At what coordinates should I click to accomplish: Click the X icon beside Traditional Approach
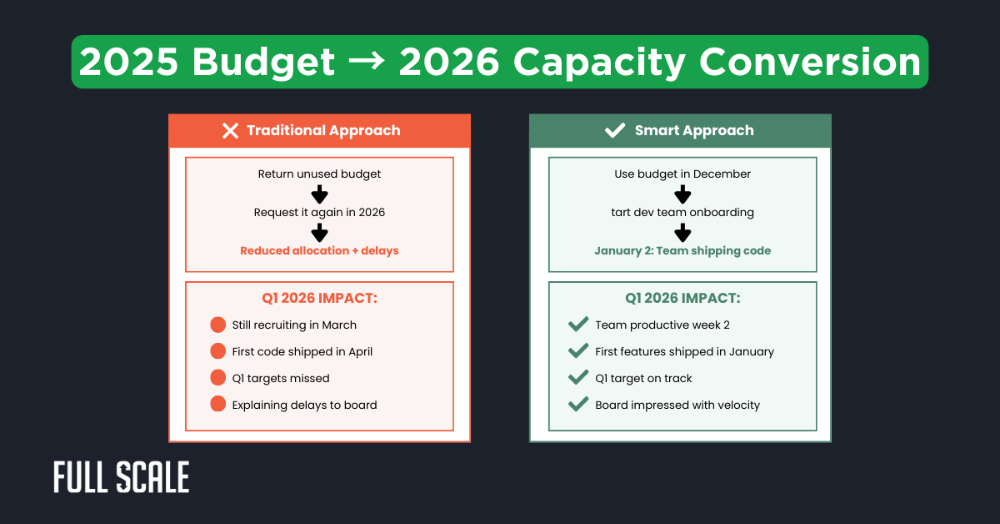[x=231, y=130]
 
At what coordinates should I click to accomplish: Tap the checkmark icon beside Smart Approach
[x=614, y=130]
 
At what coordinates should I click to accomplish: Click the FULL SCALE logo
[x=122, y=476]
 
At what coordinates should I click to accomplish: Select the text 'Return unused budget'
[x=319, y=174]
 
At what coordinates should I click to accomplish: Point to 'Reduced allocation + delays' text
[x=319, y=250]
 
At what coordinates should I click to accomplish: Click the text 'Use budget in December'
[x=682, y=174]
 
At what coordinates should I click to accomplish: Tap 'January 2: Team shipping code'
[x=682, y=250]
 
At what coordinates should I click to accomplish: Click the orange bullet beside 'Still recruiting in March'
[x=218, y=325]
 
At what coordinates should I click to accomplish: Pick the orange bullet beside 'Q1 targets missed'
[x=218, y=378]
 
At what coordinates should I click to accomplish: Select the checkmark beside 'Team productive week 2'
[x=577, y=325]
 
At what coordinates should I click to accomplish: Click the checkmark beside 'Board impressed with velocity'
[x=577, y=405]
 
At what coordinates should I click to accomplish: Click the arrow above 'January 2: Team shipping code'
[x=682, y=232]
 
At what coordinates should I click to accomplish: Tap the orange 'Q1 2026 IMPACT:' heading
[x=319, y=298]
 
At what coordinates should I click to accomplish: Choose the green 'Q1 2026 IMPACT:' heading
[x=682, y=298]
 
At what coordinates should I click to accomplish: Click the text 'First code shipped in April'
[x=302, y=351]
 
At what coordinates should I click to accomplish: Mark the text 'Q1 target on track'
[x=643, y=378]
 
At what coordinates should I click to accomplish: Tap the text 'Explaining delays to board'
[x=304, y=405]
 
